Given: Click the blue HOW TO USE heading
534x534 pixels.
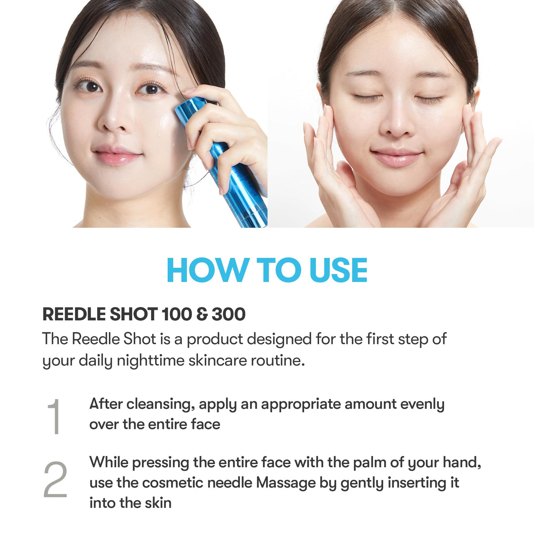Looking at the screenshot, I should click(267, 270).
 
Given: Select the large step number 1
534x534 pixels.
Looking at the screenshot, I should click(55, 416).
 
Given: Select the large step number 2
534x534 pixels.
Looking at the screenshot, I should click(55, 480).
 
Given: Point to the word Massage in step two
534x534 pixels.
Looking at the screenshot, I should click(286, 483).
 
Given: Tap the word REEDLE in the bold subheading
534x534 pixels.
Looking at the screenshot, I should click(73, 314).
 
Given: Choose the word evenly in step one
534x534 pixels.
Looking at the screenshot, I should click(422, 404).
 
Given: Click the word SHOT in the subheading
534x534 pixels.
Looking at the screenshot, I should click(133, 314).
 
